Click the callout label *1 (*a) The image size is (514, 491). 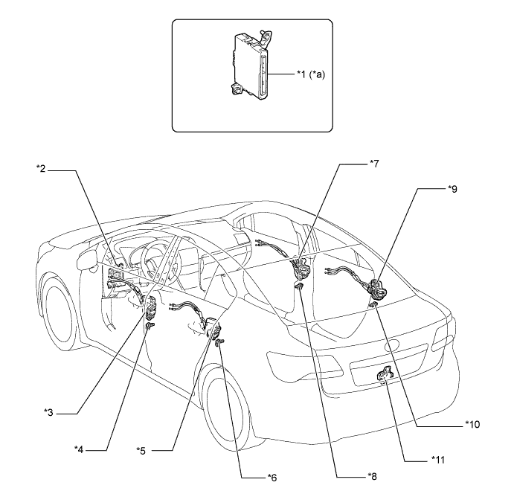[311, 74]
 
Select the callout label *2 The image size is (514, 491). [41, 169]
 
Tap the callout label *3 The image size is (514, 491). [48, 412]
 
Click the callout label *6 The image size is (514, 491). [272, 478]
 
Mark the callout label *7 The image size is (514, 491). [374, 163]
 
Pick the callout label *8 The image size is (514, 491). [373, 476]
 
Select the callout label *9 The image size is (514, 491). [452, 189]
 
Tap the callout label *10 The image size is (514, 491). [472, 425]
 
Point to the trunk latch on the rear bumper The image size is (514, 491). [385, 374]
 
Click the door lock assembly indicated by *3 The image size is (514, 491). [150, 307]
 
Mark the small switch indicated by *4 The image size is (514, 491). [150, 326]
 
